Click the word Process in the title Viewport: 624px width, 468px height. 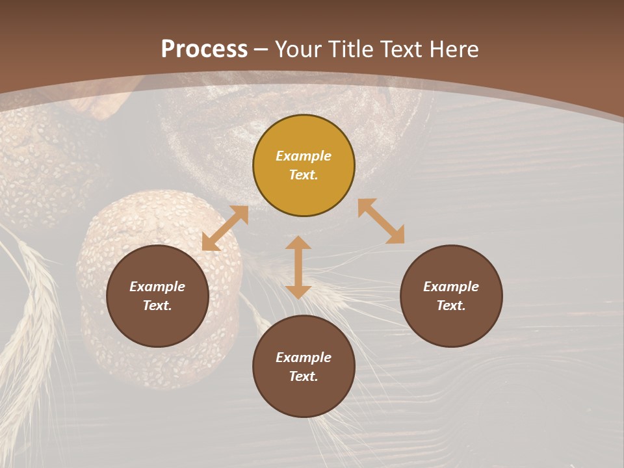204,49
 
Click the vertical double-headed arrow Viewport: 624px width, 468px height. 298,267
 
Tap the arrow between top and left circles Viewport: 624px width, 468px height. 225,228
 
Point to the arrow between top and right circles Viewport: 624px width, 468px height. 382,221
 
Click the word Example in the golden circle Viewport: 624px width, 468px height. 304,156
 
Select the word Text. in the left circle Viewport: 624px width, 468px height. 157,305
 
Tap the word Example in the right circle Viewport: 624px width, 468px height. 451,287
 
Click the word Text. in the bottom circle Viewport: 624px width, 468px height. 304,376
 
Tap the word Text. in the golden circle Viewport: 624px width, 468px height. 304,175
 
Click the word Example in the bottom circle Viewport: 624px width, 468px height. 304,357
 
